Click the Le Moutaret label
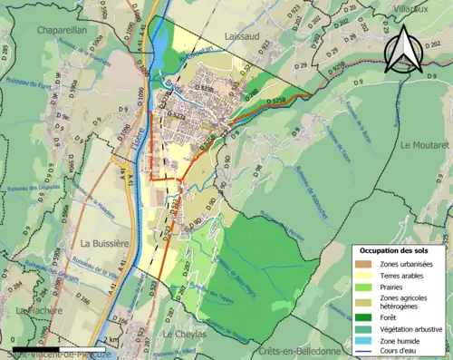(425, 144)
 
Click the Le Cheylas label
(179, 334)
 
